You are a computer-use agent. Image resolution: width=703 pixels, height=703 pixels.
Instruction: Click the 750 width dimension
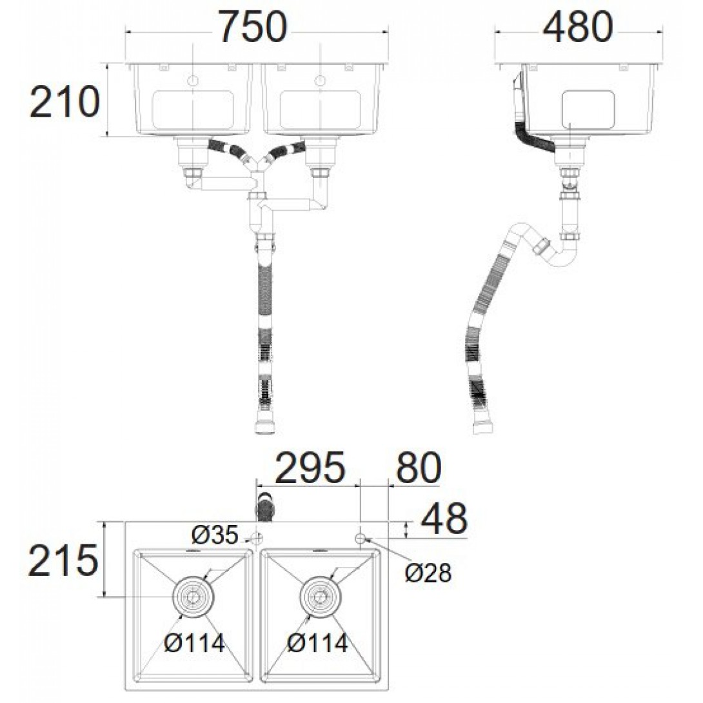(x=252, y=27)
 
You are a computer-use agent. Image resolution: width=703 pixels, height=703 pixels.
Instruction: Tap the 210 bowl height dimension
(x=64, y=102)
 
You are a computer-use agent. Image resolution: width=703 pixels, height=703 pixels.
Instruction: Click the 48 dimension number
(x=444, y=518)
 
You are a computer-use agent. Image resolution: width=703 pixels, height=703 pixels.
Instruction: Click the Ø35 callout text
(x=214, y=535)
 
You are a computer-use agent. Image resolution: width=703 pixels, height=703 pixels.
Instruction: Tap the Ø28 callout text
(x=428, y=573)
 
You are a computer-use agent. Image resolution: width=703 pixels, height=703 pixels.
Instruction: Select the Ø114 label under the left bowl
(x=195, y=644)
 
